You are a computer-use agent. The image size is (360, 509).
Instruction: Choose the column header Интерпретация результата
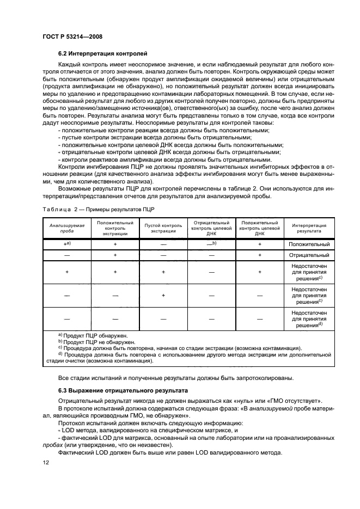(309, 228)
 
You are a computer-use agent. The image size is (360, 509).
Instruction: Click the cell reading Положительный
(309, 244)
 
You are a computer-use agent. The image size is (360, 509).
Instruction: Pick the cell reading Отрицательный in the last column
(309, 255)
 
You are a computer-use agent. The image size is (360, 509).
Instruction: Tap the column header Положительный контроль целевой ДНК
(259, 228)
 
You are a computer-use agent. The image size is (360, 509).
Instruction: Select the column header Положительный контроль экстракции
(115, 228)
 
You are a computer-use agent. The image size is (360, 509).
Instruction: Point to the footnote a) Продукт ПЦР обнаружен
(93, 335)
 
